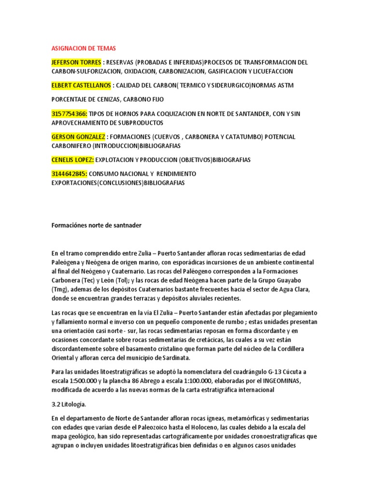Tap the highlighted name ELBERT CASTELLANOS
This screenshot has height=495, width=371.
[81, 86]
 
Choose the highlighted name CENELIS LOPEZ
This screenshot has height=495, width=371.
[72, 160]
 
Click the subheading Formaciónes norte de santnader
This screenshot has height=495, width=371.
[96, 225]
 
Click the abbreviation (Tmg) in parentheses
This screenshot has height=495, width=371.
[60, 290]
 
